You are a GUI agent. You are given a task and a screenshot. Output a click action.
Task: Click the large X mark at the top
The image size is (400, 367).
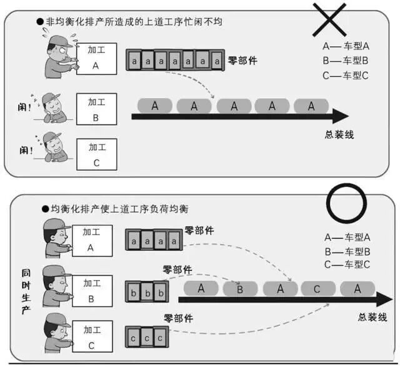click(x=329, y=19)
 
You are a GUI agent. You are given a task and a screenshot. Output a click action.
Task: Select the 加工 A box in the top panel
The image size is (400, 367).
click(x=97, y=59)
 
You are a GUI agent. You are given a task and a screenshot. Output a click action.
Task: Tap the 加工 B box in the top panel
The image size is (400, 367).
click(x=97, y=109)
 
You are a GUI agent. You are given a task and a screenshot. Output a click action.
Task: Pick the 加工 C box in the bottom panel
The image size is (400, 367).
click(x=92, y=336)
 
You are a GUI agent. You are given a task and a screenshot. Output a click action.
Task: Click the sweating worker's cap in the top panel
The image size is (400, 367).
click(x=60, y=41)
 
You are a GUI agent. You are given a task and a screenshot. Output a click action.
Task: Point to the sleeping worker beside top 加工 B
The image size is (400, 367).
click(x=53, y=108)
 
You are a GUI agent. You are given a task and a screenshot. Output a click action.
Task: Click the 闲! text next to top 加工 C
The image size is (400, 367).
click(x=26, y=150)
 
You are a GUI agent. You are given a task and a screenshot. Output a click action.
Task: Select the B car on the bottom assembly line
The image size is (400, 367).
click(x=240, y=289)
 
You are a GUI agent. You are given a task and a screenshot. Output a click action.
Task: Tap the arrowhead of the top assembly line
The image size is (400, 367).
click(x=341, y=116)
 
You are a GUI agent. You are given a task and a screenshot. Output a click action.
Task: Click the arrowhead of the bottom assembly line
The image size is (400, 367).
click(x=384, y=299)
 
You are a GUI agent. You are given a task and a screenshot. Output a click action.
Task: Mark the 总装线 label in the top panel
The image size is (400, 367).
click(x=339, y=134)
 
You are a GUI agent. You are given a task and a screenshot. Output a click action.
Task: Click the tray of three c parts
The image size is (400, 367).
click(x=147, y=337)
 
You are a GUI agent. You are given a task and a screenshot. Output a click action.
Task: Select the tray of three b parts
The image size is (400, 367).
click(x=147, y=291)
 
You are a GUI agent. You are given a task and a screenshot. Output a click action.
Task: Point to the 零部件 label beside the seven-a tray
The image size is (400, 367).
click(x=242, y=61)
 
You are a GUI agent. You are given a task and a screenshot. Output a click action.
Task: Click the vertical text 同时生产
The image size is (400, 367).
click(x=26, y=291)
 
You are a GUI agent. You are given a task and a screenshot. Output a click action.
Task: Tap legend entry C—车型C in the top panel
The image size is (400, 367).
click(x=346, y=76)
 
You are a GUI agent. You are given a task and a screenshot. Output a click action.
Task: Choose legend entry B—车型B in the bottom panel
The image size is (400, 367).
click(x=347, y=251)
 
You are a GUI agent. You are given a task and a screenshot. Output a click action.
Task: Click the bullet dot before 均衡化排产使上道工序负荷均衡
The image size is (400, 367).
click(x=46, y=209)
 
